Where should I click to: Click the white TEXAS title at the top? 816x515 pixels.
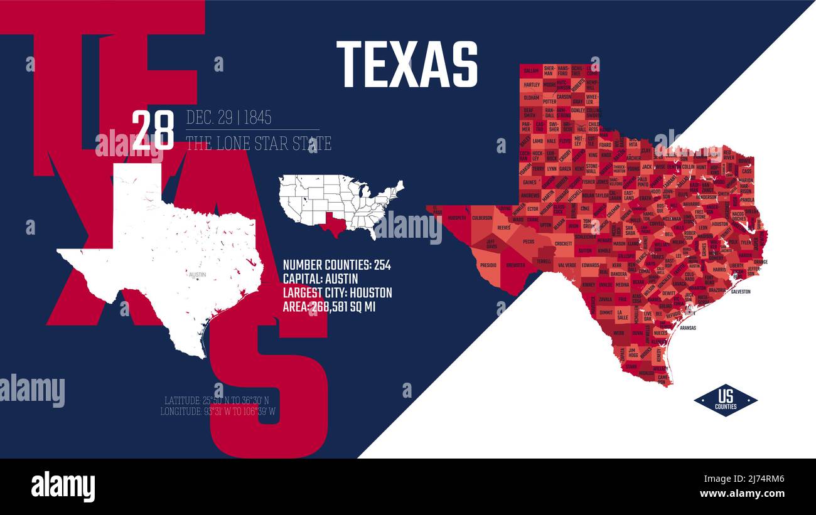pyautogui.click(x=407, y=64)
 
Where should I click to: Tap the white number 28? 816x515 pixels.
pyautogui.click(x=153, y=130)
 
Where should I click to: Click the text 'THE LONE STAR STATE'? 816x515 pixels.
pyautogui.click(x=259, y=144)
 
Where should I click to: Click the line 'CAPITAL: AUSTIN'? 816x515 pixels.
pyautogui.click(x=320, y=279)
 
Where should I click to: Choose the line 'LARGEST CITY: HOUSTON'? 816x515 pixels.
pyautogui.click(x=337, y=293)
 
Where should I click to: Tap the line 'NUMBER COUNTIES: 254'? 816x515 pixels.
pyautogui.click(x=336, y=265)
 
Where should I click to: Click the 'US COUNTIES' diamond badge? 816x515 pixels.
pyautogui.click(x=725, y=400)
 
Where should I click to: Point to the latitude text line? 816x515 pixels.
pyautogui.click(x=217, y=400)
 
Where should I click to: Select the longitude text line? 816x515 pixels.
pyautogui.click(x=218, y=412)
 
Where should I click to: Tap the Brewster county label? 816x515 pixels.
pyautogui.click(x=516, y=265)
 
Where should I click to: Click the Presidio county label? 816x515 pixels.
pyautogui.click(x=488, y=265)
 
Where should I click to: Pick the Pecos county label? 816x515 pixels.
pyautogui.click(x=529, y=241)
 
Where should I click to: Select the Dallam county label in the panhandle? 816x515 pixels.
pyautogui.click(x=531, y=70)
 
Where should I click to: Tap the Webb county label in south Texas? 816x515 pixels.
pyautogui.click(x=619, y=332)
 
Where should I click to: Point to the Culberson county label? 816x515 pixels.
pyautogui.click(x=482, y=218)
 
